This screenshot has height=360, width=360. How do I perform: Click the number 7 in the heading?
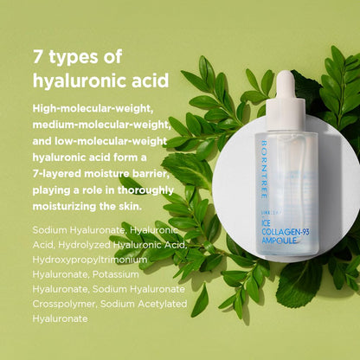click(x=38, y=56)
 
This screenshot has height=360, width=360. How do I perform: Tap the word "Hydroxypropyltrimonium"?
click(x=90, y=260)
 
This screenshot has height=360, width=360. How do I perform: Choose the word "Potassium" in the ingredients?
click(x=115, y=274)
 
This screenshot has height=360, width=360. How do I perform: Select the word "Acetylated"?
click(x=163, y=304)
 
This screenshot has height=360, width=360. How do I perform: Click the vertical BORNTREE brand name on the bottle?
click(x=264, y=170)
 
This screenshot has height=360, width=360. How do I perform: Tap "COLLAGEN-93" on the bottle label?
click(x=286, y=232)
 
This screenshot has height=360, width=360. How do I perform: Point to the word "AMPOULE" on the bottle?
click(x=280, y=240)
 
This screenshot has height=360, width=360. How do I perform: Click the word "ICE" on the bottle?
click(x=267, y=223)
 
